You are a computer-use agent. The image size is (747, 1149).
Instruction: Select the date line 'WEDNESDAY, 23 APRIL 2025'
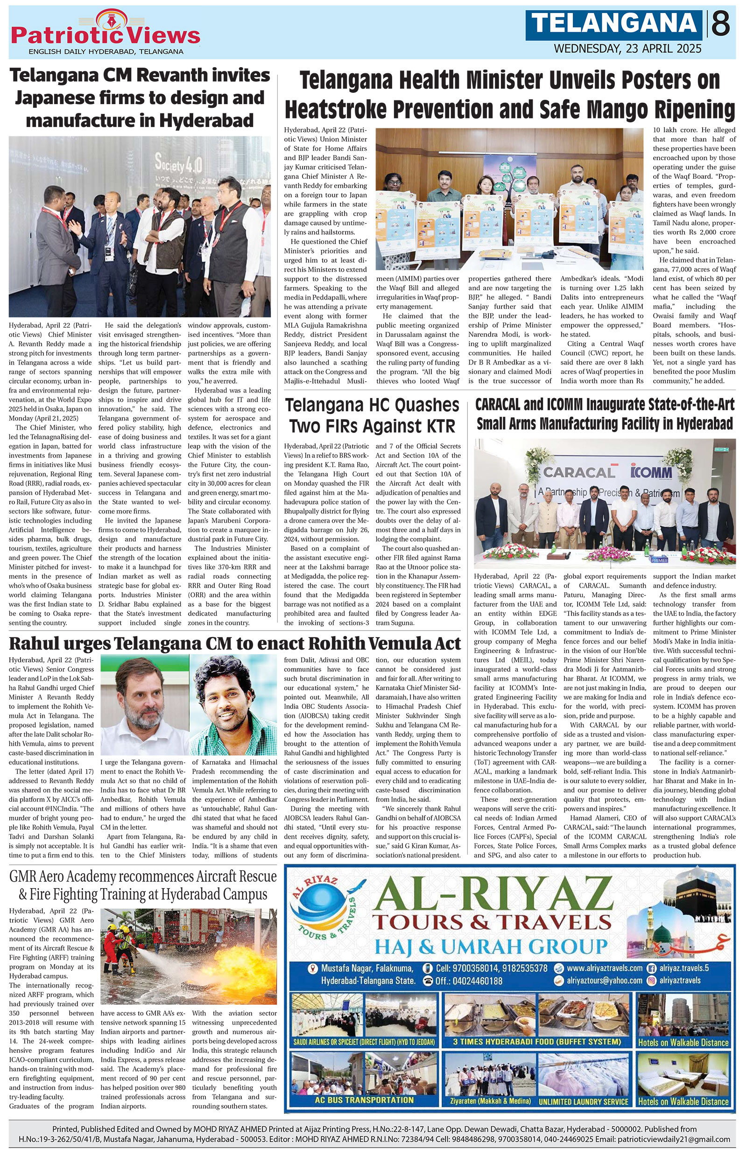[627, 49]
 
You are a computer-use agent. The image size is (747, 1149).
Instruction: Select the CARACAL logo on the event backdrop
[579, 472]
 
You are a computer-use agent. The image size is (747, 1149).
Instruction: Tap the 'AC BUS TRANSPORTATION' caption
[364, 1099]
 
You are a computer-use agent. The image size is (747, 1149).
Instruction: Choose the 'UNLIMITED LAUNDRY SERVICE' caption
[583, 1101]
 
